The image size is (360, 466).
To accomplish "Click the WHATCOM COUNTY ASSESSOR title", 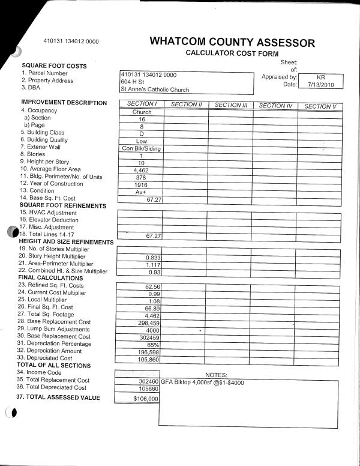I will click(232, 42).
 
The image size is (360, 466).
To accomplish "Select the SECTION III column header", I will click(231, 104).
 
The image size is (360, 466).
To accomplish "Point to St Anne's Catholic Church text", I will click(155, 89).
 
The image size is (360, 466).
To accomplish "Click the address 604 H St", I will click(133, 82).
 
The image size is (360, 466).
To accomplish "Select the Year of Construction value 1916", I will click(142, 184).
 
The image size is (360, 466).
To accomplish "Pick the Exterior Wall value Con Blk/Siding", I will click(142, 148).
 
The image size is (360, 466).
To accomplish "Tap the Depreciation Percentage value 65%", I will click(152, 345).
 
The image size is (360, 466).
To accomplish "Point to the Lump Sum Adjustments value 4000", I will click(152, 330).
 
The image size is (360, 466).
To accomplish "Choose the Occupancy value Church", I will click(142, 112).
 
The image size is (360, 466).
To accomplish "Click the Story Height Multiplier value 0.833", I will click(154, 258).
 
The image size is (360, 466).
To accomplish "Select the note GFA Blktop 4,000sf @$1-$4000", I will click(203, 382).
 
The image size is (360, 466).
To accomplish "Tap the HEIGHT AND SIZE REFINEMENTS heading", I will click(66, 241).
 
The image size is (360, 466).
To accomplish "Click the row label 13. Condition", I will click(41, 191).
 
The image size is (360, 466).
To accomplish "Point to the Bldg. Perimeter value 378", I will click(142, 177).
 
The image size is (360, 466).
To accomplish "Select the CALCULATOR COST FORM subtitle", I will click(232, 53).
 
